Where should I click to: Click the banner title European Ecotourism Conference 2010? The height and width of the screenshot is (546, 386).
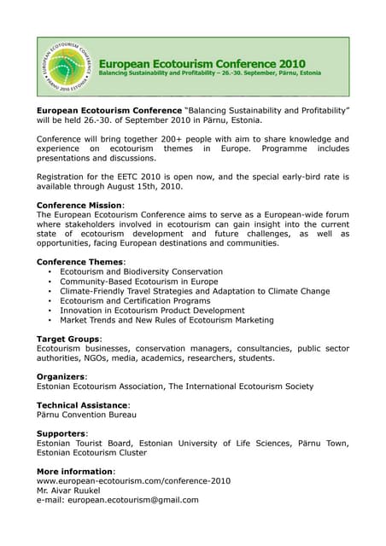point(202,63)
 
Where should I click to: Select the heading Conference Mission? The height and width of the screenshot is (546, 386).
point(79,206)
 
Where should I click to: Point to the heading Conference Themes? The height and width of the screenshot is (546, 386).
point(80,262)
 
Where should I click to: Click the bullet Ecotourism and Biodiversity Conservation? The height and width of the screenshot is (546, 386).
point(140,272)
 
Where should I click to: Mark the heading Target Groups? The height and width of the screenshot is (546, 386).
point(68,339)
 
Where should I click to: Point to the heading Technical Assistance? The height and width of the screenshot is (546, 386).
point(83,405)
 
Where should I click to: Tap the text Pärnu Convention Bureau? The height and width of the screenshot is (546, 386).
point(86,415)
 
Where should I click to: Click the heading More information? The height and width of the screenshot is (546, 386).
point(75,472)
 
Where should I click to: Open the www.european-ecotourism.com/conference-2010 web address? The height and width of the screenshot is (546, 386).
point(133,481)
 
